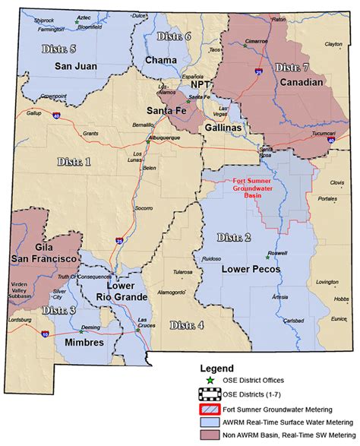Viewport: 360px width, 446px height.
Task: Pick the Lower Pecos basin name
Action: [x=251, y=269]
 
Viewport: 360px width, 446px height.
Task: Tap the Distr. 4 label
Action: [x=186, y=325]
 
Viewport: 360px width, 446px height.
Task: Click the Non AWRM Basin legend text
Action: [x=275, y=435]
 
